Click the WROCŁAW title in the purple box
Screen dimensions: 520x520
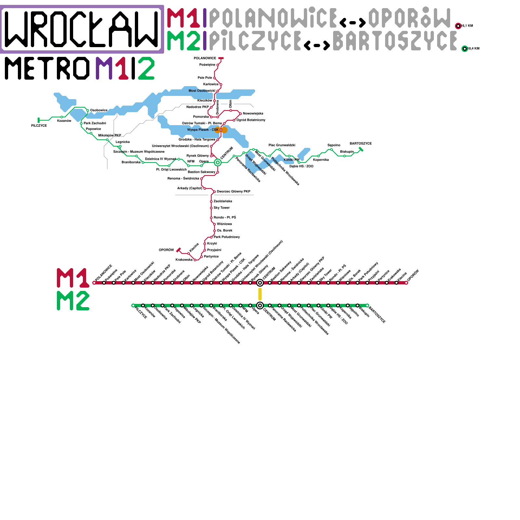point(82,29)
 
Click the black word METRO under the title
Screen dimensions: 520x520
point(47,68)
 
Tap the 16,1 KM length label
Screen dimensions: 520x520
point(467,26)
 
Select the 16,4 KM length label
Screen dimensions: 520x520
point(474,49)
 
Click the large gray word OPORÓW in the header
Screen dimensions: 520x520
point(409,18)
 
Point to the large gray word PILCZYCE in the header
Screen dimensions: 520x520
point(255,41)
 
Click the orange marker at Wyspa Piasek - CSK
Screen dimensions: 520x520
point(221,130)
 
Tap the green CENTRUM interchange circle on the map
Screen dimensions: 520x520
point(218,162)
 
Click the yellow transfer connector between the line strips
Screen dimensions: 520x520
point(260,294)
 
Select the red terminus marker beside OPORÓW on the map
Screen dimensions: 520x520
point(178,250)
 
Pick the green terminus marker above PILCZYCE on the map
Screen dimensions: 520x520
point(39,120)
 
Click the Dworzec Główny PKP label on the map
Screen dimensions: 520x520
point(233,192)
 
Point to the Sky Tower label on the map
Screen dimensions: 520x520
point(222,208)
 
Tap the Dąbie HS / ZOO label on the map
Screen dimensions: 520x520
point(301,166)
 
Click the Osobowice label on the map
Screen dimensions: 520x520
point(99,110)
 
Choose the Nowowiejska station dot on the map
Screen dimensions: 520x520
point(240,114)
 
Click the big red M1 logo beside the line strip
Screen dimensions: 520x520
point(73,278)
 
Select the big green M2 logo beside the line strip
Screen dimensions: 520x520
point(73,301)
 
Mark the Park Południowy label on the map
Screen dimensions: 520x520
point(227,237)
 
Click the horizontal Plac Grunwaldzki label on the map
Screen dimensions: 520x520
point(282,145)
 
